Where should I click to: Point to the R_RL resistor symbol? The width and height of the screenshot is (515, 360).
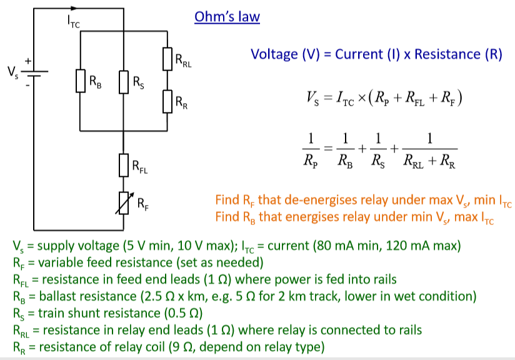[167, 60]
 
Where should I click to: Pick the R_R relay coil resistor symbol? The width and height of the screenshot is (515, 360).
[167, 100]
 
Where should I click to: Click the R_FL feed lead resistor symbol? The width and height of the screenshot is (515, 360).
[124, 165]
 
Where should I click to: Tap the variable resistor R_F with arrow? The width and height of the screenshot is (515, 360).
[124, 201]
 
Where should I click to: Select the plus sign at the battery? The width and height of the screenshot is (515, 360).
[27, 61]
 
